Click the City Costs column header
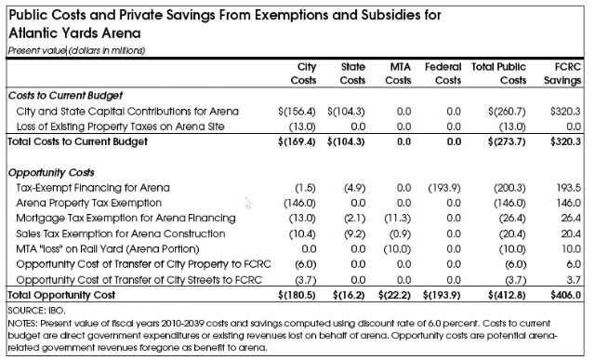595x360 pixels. (303, 73)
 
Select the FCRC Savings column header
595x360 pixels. (562, 73)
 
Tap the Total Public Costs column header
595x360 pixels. (498, 73)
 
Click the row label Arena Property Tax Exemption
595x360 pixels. (89, 203)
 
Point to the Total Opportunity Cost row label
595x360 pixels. (61, 295)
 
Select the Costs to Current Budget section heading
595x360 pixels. (65, 95)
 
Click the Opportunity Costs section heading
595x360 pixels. (51, 173)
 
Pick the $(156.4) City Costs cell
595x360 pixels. (297, 112)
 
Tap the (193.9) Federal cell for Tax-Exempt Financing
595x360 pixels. (444, 188)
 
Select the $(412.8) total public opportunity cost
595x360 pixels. (507, 295)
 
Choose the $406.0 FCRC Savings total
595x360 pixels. (566, 295)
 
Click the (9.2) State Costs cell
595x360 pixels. (355, 233)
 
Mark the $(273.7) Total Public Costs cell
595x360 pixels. (507, 141)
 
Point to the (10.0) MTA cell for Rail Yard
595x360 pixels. (397, 249)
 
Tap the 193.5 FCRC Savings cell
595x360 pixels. (568, 188)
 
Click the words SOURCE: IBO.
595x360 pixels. (36, 311)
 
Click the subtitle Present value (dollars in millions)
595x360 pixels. (76, 50)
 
